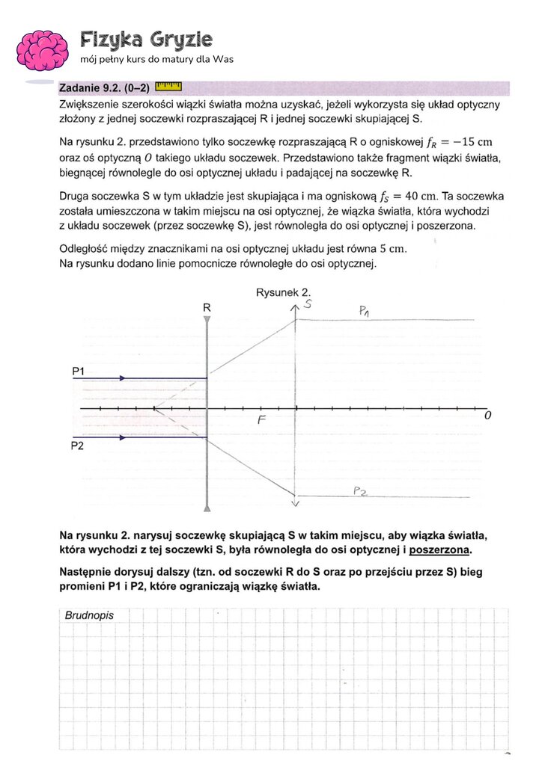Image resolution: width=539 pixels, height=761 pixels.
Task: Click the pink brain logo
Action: pyautogui.click(x=43, y=49)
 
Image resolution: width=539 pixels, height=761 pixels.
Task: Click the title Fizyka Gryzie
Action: pyautogui.click(x=146, y=40)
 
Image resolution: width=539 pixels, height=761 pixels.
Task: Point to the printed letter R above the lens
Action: pyautogui.click(x=207, y=307)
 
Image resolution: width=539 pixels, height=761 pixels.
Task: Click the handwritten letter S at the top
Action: pyautogui.click(x=308, y=304)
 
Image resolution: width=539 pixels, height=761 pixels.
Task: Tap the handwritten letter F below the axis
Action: pyautogui.click(x=262, y=420)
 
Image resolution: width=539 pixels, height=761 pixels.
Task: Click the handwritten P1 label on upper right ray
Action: pyautogui.click(x=364, y=311)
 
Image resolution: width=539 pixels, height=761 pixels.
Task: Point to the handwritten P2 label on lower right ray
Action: pyautogui.click(x=361, y=491)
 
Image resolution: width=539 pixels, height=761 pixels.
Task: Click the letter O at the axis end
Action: pyautogui.click(x=487, y=416)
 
